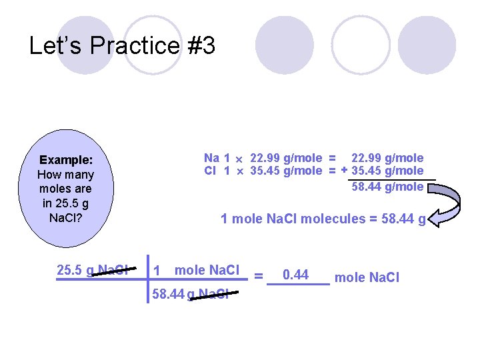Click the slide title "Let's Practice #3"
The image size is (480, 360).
(122, 46)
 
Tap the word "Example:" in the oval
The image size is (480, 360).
(65, 160)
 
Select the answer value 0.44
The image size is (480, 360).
(295, 274)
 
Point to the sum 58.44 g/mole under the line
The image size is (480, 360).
(387, 187)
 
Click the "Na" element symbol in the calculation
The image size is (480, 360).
(211, 158)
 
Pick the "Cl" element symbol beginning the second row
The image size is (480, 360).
(211, 171)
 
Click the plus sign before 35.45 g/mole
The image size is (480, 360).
(344, 170)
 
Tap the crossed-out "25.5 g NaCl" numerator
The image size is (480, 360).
(93, 270)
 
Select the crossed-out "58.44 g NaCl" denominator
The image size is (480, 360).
(190, 294)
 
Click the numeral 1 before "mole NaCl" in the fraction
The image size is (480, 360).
(157, 271)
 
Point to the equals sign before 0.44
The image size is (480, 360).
(259, 276)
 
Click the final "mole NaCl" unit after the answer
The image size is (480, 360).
(367, 277)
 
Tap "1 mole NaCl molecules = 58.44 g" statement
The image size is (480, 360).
(323, 219)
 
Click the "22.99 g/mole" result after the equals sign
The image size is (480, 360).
(387, 158)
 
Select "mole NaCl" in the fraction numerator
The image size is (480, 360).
(207, 270)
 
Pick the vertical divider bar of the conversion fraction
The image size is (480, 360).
(147, 279)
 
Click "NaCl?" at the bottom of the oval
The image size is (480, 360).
(65, 218)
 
